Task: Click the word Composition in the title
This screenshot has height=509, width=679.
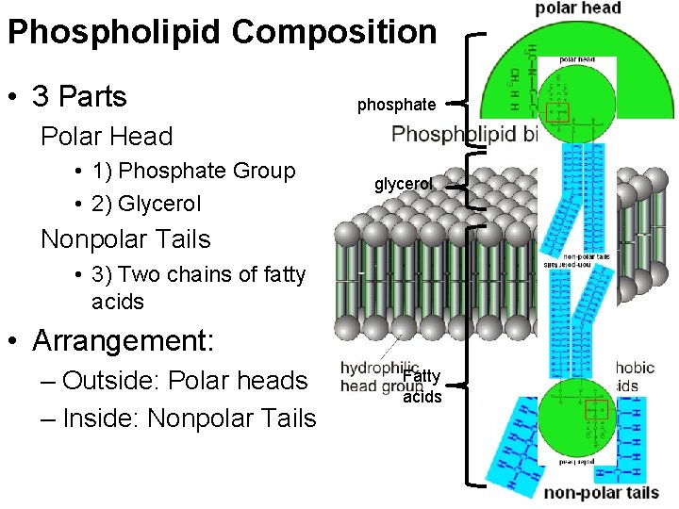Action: click(334, 33)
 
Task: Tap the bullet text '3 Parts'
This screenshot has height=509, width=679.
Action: click(79, 97)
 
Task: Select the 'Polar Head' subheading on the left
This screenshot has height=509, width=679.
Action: click(107, 137)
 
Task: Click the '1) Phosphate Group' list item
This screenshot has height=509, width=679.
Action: click(193, 171)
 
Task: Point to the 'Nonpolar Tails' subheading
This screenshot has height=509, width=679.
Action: click(125, 239)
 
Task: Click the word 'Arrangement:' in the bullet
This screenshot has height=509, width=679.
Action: click(124, 340)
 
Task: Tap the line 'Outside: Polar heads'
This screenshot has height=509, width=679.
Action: click(185, 381)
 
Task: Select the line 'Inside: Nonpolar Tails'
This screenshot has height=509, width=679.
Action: click(189, 418)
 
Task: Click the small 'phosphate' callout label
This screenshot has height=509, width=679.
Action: click(396, 106)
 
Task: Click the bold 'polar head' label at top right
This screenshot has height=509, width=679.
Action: click(578, 8)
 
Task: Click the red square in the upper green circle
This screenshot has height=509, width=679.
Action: click(559, 112)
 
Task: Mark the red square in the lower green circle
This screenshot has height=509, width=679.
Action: click(596, 410)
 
